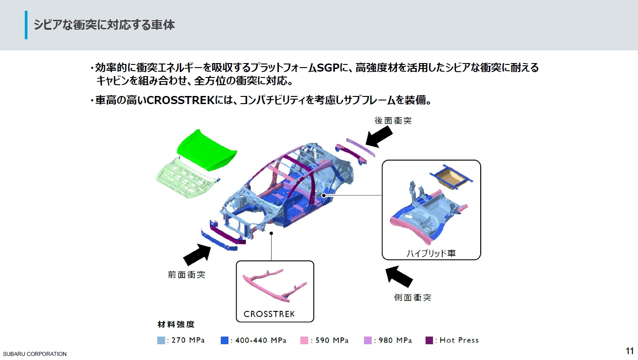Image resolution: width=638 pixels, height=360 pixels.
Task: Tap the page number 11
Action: point(629,351)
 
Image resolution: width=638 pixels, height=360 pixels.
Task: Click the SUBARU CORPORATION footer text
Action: point(34,354)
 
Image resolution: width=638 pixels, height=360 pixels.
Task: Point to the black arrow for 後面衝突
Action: point(378,136)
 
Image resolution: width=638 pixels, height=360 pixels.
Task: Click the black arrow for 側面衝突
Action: point(400,276)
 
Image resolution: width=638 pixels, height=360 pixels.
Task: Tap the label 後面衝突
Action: point(393,120)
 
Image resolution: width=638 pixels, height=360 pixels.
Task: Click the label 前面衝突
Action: point(187,274)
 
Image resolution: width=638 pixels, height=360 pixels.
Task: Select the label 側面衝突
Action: point(412,297)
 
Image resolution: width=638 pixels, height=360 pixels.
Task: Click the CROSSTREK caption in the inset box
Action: point(269,314)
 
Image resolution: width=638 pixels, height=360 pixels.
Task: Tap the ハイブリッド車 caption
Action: point(431,253)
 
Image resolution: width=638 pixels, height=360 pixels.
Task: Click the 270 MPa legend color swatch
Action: point(161,341)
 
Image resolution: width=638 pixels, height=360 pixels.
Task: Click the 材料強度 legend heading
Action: point(176,324)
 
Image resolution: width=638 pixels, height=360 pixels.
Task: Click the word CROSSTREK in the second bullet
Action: point(182,100)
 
